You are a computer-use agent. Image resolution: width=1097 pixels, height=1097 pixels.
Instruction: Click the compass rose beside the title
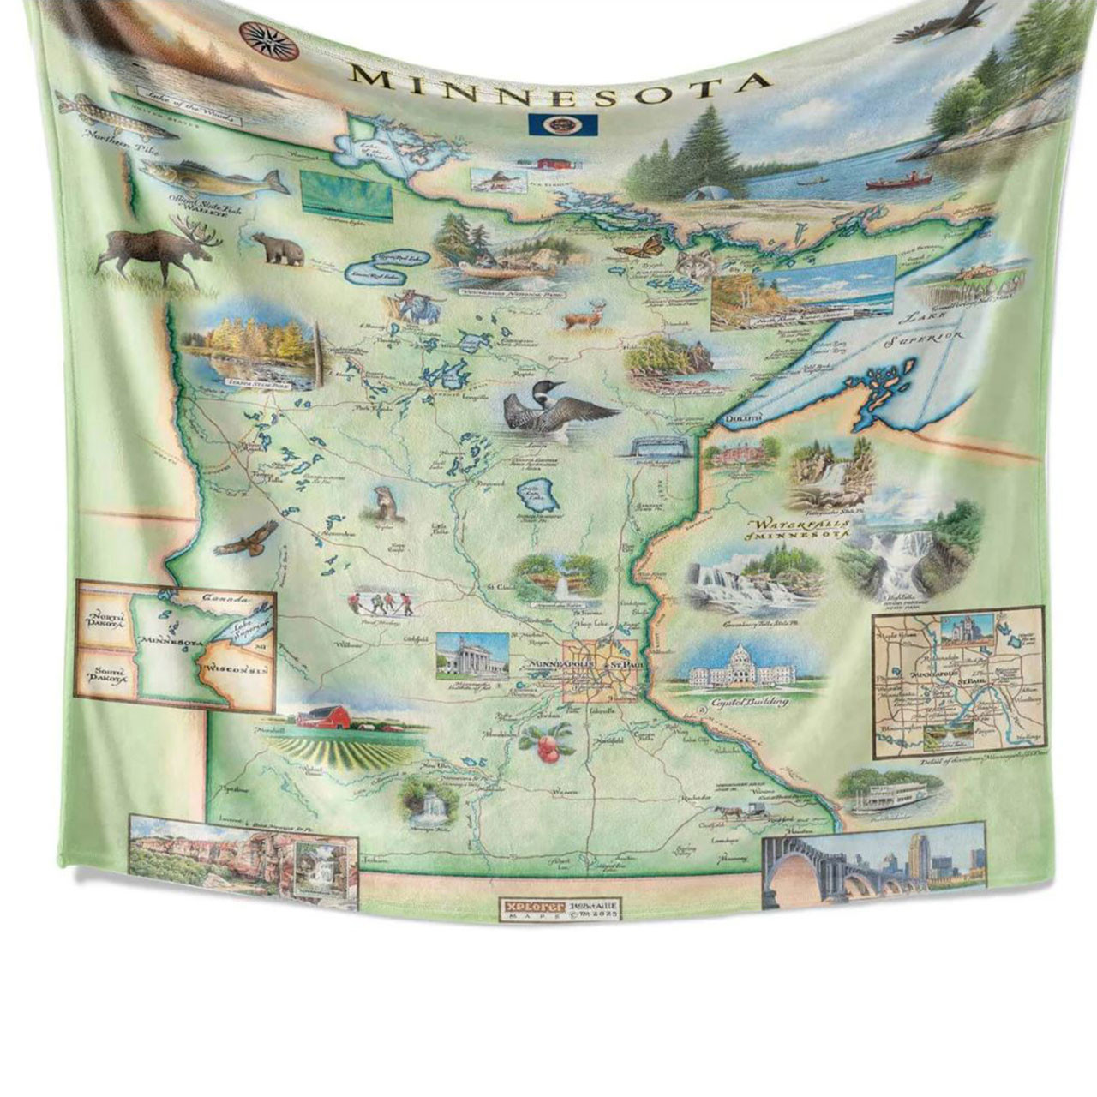[256, 35]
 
